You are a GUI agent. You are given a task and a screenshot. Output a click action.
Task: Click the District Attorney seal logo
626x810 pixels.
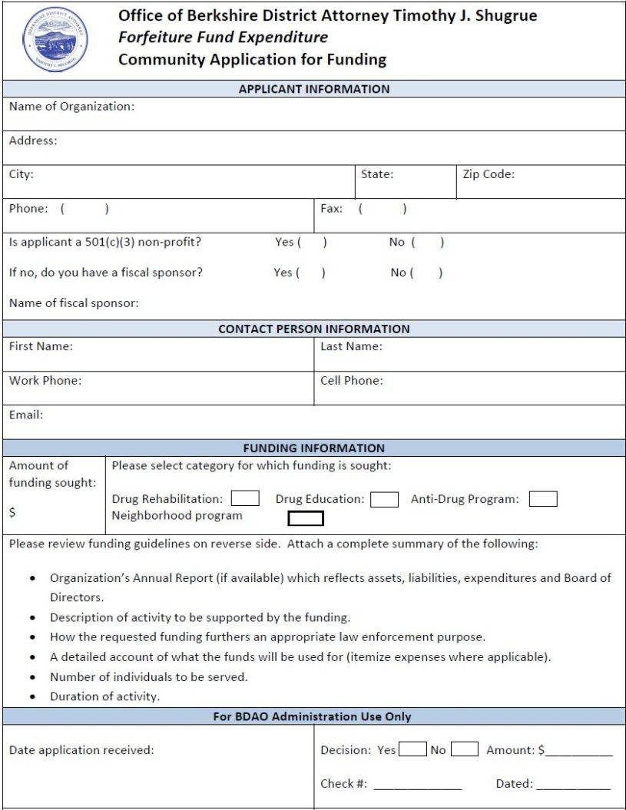[x=55, y=40]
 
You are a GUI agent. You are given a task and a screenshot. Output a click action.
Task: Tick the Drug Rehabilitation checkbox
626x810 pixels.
[x=245, y=499]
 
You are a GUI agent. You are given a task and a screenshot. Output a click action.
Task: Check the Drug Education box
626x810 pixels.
[x=384, y=500]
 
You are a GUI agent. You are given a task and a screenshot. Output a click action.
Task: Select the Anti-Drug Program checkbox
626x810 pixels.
[x=543, y=499]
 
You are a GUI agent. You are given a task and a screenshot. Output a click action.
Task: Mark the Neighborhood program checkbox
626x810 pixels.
[x=306, y=519]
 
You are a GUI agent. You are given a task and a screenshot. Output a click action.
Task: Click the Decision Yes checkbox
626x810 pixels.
[x=412, y=749]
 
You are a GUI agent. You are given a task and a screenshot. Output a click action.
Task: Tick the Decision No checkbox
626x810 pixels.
[x=465, y=749]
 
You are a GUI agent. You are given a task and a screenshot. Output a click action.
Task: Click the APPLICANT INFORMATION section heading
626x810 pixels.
[x=314, y=89]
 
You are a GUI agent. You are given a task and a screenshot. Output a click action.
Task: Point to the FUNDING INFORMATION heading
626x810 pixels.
[x=314, y=448]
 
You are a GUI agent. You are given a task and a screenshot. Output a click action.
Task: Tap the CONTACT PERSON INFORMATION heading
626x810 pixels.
[x=314, y=329]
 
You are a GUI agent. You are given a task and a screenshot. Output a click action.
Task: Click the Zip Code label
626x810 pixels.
[x=489, y=174]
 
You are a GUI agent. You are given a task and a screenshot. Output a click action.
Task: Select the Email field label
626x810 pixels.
[x=26, y=415]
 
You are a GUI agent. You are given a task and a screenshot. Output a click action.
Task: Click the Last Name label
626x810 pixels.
[x=351, y=346]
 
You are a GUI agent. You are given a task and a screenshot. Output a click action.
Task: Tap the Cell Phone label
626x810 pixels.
[x=351, y=380]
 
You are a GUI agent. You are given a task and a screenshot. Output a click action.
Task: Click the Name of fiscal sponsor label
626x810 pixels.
[x=74, y=303]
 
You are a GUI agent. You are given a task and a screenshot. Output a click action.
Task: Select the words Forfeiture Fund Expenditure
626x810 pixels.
[x=223, y=37]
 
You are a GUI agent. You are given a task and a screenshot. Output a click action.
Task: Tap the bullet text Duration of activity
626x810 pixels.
[x=104, y=697]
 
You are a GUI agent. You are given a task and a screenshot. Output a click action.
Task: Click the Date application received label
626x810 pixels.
[x=81, y=750]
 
